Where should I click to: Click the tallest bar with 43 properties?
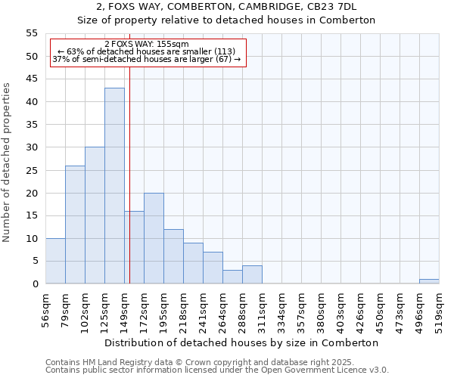(114, 186)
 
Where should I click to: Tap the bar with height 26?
(75, 225)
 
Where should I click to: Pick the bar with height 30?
(95, 215)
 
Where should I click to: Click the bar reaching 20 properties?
(154, 238)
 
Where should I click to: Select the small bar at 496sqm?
(429, 281)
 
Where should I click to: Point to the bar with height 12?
(173, 256)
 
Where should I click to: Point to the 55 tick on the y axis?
(32, 33)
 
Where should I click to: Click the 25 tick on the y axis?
(32, 170)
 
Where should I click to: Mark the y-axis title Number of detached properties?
(7, 163)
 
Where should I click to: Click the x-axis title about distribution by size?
(242, 342)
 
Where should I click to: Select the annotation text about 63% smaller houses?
(147, 51)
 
